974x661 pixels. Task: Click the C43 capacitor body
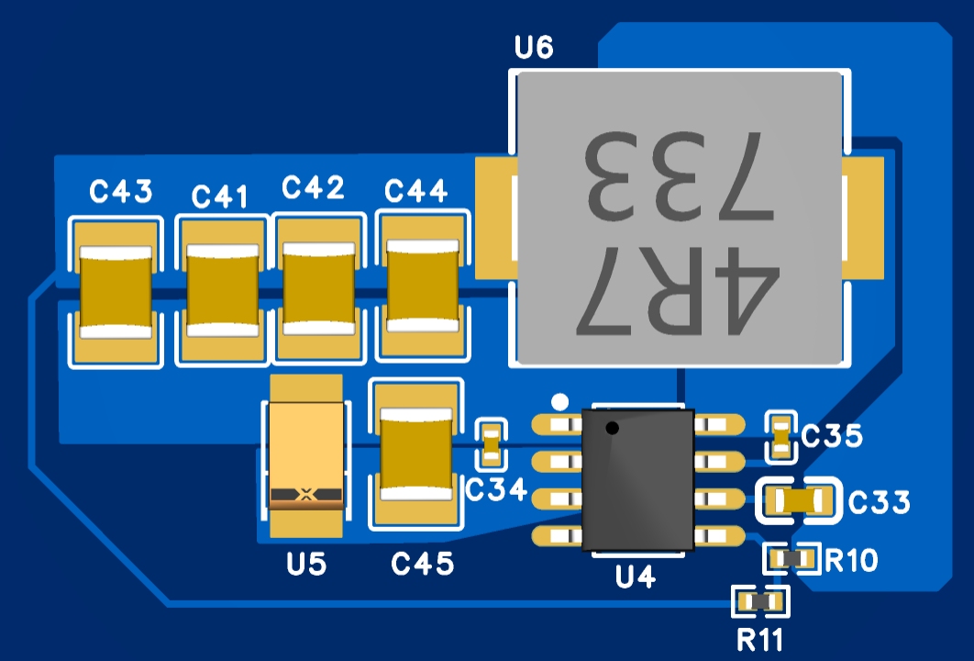tap(116, 292)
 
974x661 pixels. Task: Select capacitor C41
tap(222, 290)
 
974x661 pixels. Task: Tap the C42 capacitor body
tap(318, 288)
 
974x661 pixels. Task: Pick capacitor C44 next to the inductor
tap(423, 286)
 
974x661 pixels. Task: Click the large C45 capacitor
tap(416, 454)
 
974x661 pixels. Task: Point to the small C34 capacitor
tap(492, 444)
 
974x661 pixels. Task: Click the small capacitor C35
tap(780, 436)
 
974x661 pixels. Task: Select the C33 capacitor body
tap(798, 500)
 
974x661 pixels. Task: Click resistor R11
tap(760, 601)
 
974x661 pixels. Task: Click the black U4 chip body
tap(638, 479)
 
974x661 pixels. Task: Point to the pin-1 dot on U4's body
tap(613, 428)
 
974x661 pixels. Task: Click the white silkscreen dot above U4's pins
tap(559, 402)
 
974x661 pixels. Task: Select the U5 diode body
tap(305, 455)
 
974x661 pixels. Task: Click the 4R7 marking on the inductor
tap(678, 290)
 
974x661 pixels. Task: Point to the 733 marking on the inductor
tap(680, 176)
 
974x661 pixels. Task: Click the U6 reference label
tap(534, 47)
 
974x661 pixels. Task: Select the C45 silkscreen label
tap(423, 564)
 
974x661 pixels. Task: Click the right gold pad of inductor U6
tap(863, 218)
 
